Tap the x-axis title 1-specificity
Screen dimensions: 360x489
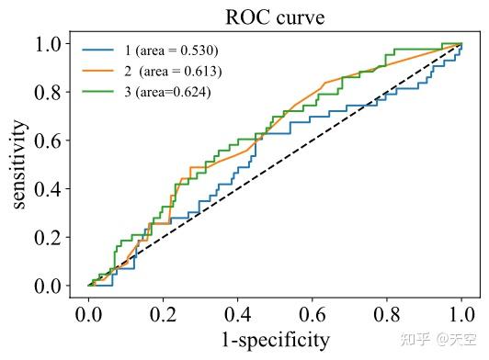[274, 340]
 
